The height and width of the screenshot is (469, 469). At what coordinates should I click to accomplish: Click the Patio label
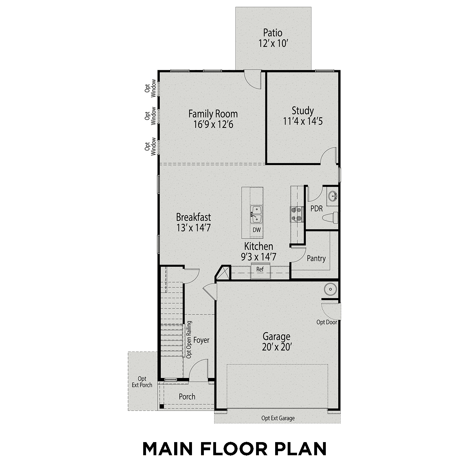pyautogui.click(x=273, y=33)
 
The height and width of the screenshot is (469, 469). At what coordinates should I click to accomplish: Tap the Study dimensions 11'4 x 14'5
pyautogui.click(x=303, y=121)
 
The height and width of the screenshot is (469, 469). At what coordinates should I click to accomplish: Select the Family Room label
pyautogui.click(x=213, y=114)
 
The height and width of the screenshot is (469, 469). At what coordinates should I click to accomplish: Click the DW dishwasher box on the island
pyautogui.click(x=256, y=230)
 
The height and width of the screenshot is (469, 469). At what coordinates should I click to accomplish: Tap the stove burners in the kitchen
pyautogui.click(x=296, y=214)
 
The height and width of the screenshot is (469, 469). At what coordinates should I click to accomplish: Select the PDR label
pyautogui.click(x=316, y=209)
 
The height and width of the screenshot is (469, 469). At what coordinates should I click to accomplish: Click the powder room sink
pyautogui.click(x=332, y=196)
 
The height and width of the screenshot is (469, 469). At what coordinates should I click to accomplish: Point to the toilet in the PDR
pyautogui.click(x=331, y=217)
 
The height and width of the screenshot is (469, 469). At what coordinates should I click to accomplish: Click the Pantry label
pyautogui.click(x=316, y=259)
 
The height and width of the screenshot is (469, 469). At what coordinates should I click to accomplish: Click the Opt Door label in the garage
pyautogui.click(x=326, y=322)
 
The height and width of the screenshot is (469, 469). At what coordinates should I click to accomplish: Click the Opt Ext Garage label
pyautogui.click(x=278, y=418)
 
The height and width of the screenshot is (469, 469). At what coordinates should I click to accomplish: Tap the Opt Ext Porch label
pyautogui.click(x=142, y=382)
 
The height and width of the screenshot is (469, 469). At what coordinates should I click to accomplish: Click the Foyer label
pyautogui.click(x=201, y=340)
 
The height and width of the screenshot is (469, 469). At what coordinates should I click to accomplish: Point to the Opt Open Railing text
pyautogui.click(x=189, y=340)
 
